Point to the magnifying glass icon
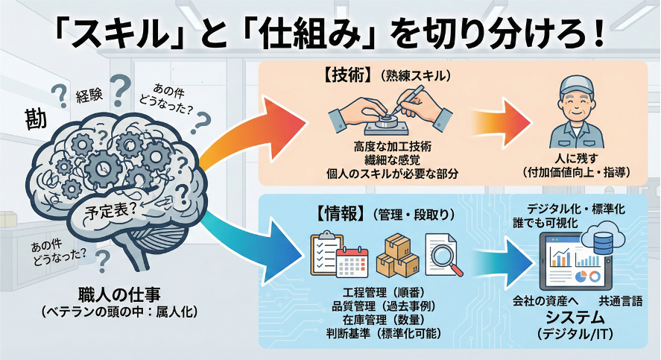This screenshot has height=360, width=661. [x=444, y=253]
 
